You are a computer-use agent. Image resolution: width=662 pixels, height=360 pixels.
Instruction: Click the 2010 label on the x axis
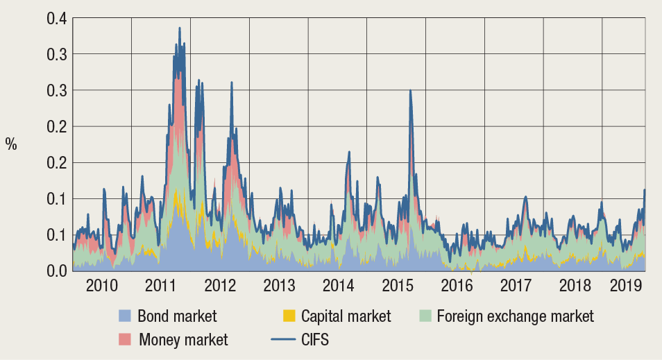click(x=101, y=285)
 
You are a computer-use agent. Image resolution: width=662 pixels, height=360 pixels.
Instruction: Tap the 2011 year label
click(x=161, y=285)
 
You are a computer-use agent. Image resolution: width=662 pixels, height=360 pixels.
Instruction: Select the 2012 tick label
click(x=220, y=285)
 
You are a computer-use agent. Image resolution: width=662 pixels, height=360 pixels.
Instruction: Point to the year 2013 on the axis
click(x=279, y=285)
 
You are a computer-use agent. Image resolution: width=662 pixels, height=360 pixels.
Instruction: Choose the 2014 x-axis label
click(x=338, y=285)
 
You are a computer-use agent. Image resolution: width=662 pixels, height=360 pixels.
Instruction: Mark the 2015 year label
click(x=397, y=285)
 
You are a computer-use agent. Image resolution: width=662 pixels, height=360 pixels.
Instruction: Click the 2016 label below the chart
click(x=456, y=285)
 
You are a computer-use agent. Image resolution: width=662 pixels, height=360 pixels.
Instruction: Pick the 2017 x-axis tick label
click(x=515, y=285)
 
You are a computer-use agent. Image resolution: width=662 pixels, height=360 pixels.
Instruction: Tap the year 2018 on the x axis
click(x=574, y=285)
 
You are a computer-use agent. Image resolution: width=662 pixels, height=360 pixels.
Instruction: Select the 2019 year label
click(x=625, y=285)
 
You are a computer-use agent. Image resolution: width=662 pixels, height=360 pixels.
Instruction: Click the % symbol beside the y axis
click(x=11, y=144)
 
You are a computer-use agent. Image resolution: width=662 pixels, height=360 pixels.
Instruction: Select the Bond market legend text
click(x=177, y=316)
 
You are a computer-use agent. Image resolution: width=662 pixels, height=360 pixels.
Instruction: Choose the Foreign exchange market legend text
click(x=515, y=316)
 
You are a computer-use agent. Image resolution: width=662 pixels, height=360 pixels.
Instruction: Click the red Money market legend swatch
click(x=125, y=339)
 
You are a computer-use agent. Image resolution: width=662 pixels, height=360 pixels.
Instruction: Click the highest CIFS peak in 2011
click(x=180, y=28)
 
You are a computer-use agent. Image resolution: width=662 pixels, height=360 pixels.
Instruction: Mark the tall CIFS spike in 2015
click(x=411, y=91)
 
